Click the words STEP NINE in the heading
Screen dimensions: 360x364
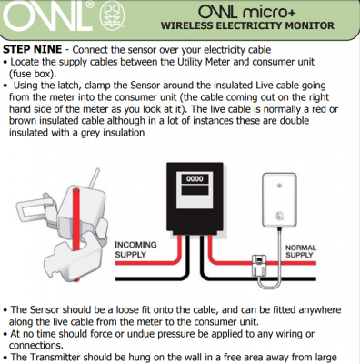[33, 49]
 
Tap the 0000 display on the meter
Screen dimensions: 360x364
[195, 178]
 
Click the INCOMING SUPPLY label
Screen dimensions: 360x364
[135, 249]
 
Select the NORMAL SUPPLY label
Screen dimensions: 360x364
[301, 251]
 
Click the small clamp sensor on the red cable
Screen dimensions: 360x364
[259, 266]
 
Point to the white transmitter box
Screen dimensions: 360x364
[279, 200]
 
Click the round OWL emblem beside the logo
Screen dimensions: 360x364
[112, 16]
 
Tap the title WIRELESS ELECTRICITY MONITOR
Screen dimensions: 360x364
[247, 25]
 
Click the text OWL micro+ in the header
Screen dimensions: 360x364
[246, 12]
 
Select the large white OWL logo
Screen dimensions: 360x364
[48, 15]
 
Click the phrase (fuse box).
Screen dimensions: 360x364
[33, 74]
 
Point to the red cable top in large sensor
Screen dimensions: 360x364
[75, 191]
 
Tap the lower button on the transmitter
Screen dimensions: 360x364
[279, 216]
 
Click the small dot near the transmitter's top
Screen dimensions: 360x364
[279, 186]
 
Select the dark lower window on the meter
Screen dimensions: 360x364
[195, 190]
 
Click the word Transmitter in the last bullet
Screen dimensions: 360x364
[55, 357]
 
